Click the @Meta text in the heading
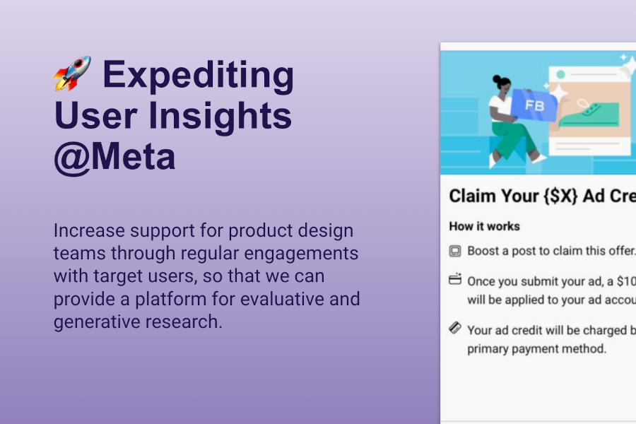tap(114, 157)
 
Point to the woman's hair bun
tap(497, 80)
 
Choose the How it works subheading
tap(484, 226)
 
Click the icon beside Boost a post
tap(455, 251)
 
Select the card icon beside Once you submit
tap(455, 280)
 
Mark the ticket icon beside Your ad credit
tap(455, 329)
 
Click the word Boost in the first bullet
tap(483, 251)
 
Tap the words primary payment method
tap(536, 349)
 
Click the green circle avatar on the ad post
tap(561, 73)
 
